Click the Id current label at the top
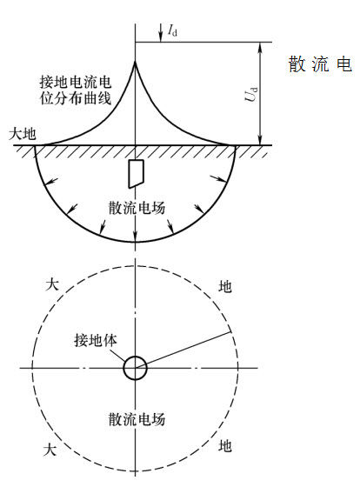(172, 30)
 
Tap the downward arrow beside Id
(161, 32)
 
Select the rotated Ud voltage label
(251, 94)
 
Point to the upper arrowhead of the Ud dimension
(261, 47)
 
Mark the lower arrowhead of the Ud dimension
(261, 140)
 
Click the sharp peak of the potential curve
(135, 61)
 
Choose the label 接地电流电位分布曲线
(76, 90)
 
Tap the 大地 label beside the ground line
(23, 135)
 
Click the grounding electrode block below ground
(136, 174)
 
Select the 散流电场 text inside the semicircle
(137, 208)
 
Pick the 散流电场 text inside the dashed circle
(137, 419)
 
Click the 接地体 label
(96, 340)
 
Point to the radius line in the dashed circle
(183, 350)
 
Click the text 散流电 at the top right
(320, 64)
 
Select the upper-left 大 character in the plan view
(52, 284)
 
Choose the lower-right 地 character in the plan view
(225, 446)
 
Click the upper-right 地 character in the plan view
(225, 286)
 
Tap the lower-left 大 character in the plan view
(50, 449)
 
